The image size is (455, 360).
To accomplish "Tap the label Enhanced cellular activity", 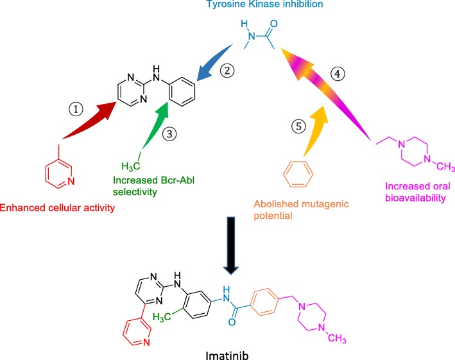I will point(46,207).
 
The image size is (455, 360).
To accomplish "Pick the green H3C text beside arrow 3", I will point(128,165).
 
